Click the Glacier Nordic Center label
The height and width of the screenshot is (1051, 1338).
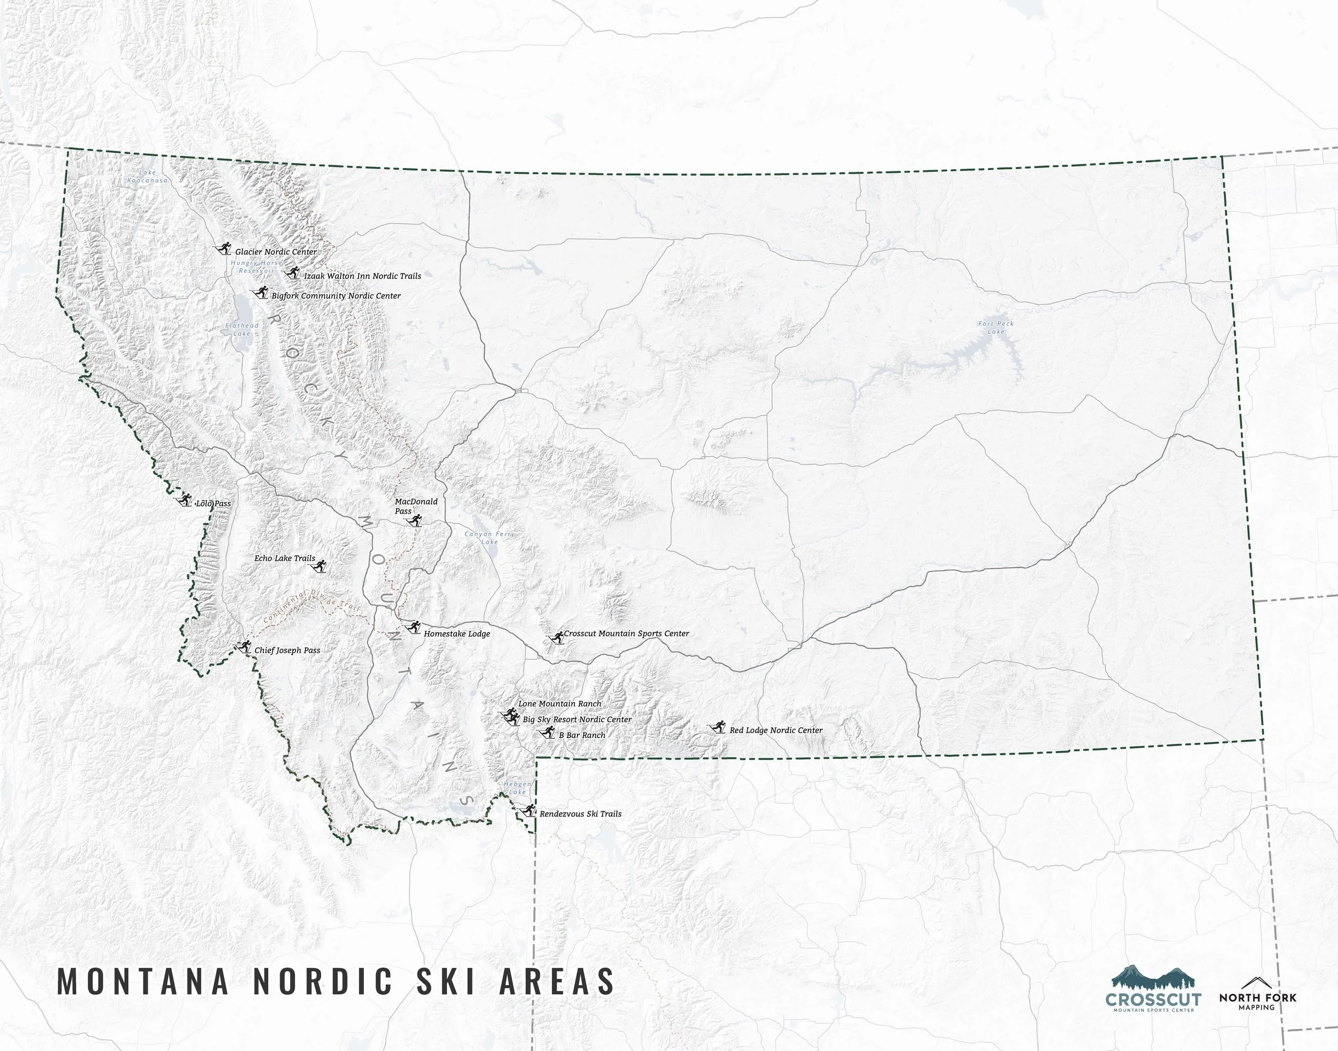coord(276,252)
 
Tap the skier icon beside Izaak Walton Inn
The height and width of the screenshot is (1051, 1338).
coord(292,273)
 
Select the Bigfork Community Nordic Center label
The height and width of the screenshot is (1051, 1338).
coord(336,296)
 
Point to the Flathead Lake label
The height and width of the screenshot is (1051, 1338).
coord(242,329)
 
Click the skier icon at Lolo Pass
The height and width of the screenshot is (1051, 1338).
coord(185,500)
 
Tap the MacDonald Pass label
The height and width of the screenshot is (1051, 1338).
coord(415,506)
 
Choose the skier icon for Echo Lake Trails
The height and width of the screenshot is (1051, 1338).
coord(320,567)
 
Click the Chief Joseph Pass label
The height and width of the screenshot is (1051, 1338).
coord(287,650)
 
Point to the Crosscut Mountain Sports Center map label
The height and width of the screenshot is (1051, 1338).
coord(626,633)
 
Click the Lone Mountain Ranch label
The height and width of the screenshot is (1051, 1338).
coord(559,703)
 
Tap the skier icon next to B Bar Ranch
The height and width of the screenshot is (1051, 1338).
coord(548,732)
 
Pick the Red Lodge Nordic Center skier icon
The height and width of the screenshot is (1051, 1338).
coord(717,728)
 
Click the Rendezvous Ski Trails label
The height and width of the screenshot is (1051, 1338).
coord(580,813)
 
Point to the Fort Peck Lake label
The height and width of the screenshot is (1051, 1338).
coord(995,328)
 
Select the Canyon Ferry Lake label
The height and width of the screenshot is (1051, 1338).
coord(489,538)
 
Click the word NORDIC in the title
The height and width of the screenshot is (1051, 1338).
coord(323,981)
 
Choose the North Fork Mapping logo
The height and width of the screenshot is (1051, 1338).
coord(1257,993)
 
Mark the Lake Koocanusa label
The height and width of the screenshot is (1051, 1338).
coord(148,177)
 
